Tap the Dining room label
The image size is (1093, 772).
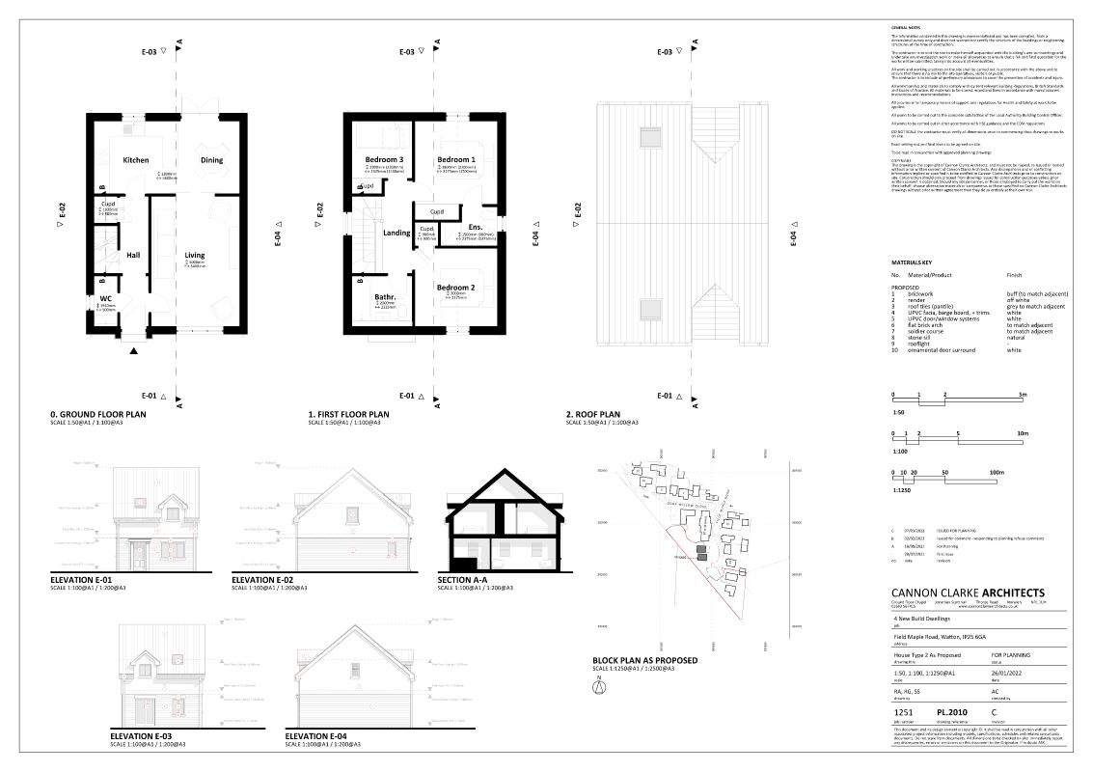(211, 159)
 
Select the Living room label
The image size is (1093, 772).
(195, 256)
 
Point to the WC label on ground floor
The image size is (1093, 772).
(105, 298)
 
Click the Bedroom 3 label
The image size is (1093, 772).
(383, 159)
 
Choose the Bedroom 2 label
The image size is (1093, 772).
(455, 288)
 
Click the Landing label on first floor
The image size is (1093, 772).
(396, 233)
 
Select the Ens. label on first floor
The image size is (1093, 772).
(475, 227)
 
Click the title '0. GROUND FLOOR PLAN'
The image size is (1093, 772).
(103, 416)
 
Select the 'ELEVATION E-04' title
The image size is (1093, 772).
(323, 736)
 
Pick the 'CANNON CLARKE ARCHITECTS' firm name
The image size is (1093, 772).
(968, 593)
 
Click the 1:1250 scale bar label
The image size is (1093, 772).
(901, 490)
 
